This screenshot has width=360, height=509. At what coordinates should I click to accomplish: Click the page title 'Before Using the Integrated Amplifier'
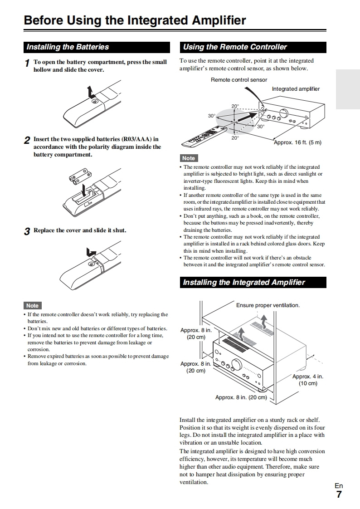pos(135,20)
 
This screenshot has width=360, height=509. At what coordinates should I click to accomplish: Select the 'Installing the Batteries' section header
pos(68,47)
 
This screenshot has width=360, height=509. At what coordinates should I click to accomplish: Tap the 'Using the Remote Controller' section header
pos(235,47)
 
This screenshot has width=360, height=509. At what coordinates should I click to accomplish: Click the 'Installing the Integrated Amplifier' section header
pos(244,283)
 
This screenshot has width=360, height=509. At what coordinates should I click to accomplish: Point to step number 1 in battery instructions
pos(27,63)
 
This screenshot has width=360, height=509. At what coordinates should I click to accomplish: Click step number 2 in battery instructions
pos(27,140)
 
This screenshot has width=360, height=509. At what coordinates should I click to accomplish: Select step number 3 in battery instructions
pos(27,231)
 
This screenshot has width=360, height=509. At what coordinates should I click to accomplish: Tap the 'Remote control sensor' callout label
pos(239,80)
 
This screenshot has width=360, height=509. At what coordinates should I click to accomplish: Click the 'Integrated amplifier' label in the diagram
pos(296,89)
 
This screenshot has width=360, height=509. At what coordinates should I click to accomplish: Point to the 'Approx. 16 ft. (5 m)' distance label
pos(297,142)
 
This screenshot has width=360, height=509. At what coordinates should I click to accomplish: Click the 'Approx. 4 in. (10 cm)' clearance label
pos(308,380)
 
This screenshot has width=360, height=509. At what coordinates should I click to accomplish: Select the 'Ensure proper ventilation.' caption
pos(268,305)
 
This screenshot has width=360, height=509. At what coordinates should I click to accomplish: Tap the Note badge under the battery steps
pos(32,306)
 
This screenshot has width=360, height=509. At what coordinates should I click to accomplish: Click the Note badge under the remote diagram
pos(189,158)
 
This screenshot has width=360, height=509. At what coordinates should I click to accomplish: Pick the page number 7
pos(339,494)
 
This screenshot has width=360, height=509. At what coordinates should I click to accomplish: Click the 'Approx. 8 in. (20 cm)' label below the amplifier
pos(241,397)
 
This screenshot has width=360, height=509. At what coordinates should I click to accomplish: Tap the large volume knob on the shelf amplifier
pos(237,364)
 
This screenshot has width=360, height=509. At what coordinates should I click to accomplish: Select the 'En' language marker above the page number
pos(339,486)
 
